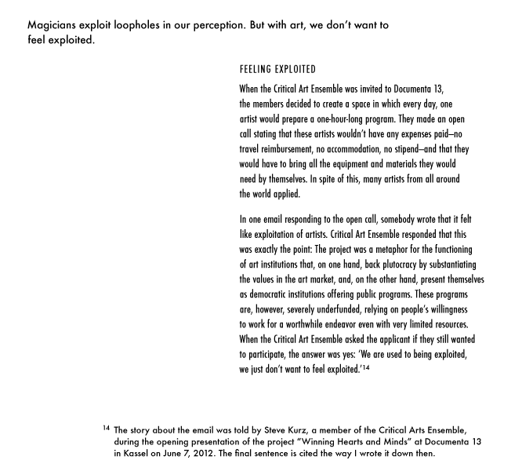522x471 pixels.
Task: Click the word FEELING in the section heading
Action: pyautogui.click(x=258, y=70)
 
